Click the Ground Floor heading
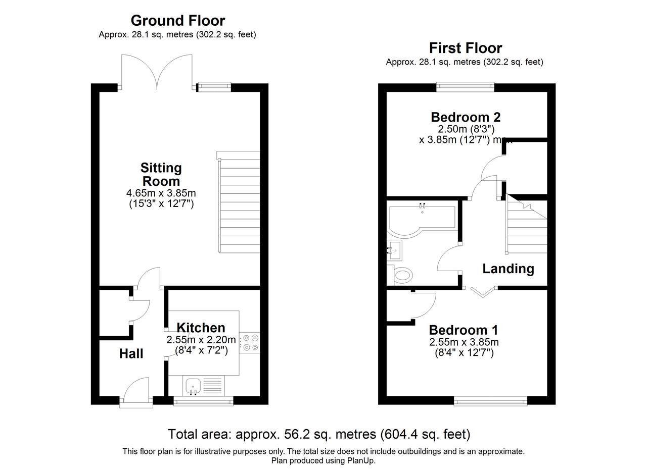tap(178, 21)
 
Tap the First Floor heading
tap(466, 48)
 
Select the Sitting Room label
tap(161, 175)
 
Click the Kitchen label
tap(201, 328)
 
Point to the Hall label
tap(131, 354)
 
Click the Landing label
tap(509, 269)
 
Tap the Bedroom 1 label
tap(464, 330)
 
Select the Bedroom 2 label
tap(466, 118)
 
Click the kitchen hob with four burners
tap(250, 343)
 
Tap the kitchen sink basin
tap(193, 386)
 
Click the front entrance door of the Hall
tap(136, 392)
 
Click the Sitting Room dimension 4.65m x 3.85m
tap(161, 193)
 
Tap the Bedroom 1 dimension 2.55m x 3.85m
tap(464, 342)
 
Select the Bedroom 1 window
tap(491, 401)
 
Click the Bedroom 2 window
tap(466, 86)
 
